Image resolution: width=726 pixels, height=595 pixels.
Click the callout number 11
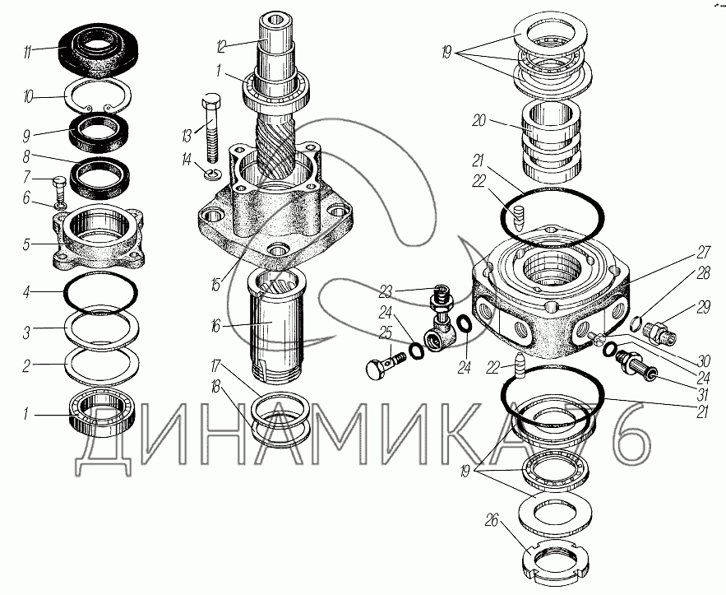[27, 52]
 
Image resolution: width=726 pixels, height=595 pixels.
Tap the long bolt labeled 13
[212, 128]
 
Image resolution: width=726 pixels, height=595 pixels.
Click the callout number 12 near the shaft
[222, 46]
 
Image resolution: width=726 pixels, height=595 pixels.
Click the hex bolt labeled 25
[386, 365]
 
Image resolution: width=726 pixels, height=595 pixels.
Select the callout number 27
[703, 253]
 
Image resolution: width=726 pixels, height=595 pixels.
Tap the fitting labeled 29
[660, 333]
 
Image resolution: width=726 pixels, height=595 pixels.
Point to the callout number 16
[215, 326]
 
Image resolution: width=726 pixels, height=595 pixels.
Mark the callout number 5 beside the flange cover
[27, 244]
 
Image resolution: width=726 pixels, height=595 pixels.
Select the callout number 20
[479, 120]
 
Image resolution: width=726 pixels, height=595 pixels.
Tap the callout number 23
[386, 291]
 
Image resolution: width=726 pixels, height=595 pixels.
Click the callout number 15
[215, 285]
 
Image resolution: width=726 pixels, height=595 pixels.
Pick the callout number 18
[215, 388]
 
